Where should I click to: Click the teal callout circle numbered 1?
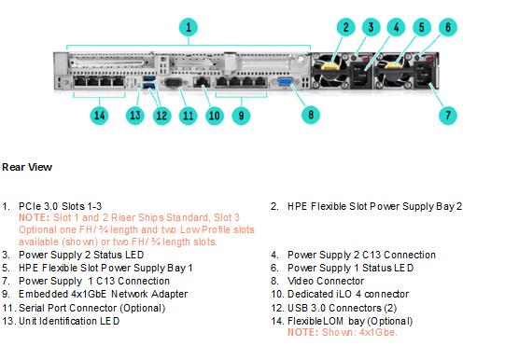click(189, 27)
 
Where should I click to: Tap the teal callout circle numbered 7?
click(448, 115)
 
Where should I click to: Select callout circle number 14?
click(99, 115)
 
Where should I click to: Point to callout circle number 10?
click(215, 116)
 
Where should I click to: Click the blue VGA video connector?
click(285, 82)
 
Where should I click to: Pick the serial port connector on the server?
click(174, 82)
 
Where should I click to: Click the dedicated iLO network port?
click(203, 82)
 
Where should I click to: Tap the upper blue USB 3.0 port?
click(148, 79)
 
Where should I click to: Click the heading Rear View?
click(27, 167)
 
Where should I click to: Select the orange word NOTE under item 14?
click(302, 332)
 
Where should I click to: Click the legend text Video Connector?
click(326, 281)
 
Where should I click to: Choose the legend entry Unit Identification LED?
click(69, 321)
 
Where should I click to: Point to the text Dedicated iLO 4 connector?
click(348, 294)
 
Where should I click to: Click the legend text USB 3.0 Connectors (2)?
click(342, 308)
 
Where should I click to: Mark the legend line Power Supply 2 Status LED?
click(81, 255)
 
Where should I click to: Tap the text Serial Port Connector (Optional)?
click(92, 308)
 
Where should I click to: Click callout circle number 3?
click(371, 27)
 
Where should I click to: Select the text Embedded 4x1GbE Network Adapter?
click(103, 294)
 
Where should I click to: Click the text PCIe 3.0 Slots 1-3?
click(61, 206)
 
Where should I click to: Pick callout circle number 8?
click(311, 115)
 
